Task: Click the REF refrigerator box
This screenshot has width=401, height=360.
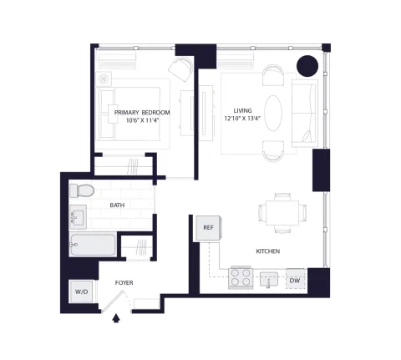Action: [208, 228]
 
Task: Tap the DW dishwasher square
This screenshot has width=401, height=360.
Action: [296, 279]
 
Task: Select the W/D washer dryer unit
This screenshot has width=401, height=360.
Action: [82, 292]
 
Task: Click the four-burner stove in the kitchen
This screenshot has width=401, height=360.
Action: [241, 277]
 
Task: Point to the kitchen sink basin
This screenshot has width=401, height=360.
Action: [269, 279]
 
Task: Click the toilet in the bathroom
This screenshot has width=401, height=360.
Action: [82, 190]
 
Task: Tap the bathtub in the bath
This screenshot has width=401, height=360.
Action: [93, 245]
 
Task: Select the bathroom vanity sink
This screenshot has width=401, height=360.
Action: [78, 217]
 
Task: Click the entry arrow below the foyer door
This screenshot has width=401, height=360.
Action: [116, 318]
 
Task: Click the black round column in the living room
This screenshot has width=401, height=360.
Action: [307, 66]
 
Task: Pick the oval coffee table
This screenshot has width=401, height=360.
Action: [273, 113]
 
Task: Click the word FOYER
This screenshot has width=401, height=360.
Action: [124, 283]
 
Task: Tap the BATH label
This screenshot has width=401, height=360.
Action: [117, 205]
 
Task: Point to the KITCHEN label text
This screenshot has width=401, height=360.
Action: [268, 251]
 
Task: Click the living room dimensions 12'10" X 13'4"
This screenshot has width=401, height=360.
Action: [242, 119]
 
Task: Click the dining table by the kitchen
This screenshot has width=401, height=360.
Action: [282, 213]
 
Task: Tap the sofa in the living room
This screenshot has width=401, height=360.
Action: [305, 113]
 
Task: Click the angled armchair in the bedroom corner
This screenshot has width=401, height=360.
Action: [180, 69]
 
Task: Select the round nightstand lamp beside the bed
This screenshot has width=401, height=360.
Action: [104, 79]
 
